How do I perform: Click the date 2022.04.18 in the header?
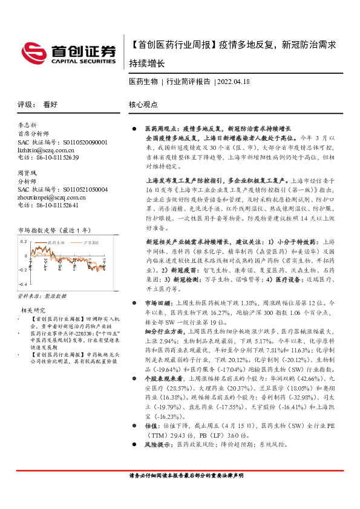[234, 81]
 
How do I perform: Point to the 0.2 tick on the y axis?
[23, 241]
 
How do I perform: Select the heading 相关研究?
[32, 310]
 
